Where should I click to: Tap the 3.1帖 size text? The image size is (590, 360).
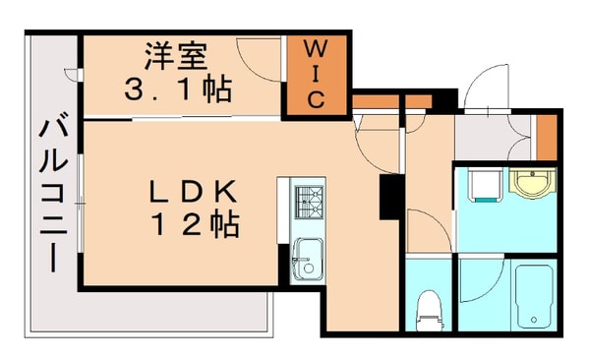pos(177,90)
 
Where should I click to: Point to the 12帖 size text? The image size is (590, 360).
pos(194,225)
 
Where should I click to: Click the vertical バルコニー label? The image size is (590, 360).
pos(51,197)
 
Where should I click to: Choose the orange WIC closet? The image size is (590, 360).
pos(314,75)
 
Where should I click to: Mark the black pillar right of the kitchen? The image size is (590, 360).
pos(389,197)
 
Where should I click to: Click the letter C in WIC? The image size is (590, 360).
pos(315,99)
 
